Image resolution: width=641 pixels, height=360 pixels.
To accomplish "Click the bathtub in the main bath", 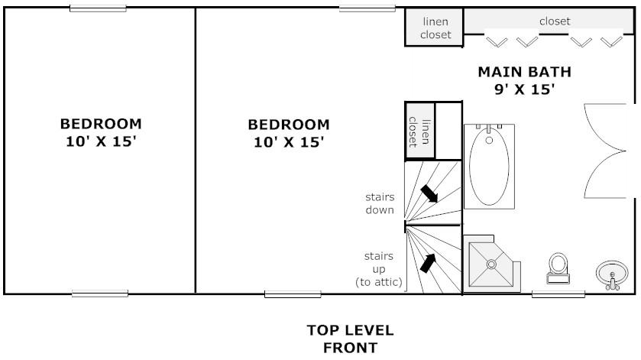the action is coord(489,167).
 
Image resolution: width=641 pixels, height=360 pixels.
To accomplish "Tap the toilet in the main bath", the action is coord(558,268).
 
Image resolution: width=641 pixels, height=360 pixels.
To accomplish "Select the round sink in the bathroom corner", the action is coord(612,275).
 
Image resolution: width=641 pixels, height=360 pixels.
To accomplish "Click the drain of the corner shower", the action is coord(491,264).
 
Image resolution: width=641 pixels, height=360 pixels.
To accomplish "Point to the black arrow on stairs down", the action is coord(429,193).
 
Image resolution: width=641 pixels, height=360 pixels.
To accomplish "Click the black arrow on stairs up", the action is coord(427,263).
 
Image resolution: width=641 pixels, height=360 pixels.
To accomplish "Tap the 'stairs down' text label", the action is coord(380,203).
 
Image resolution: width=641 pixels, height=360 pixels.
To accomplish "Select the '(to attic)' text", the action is coord(379,282).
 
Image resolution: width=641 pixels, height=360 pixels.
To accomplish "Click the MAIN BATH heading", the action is coord(525,72).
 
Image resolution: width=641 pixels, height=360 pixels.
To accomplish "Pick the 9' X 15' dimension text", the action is coord(525,89).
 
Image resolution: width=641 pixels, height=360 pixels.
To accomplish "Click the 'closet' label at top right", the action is coord(555,21).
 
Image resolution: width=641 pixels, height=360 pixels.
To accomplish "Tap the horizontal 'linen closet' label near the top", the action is coord(435,28).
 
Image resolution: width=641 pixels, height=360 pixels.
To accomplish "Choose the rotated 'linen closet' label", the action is coord(419,131).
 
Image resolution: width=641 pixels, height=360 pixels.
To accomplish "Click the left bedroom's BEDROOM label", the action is coord(101,124).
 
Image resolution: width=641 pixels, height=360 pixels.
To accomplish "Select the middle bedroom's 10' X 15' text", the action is coord(289,142).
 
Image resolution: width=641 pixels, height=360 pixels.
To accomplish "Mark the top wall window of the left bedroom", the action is coord(98,8).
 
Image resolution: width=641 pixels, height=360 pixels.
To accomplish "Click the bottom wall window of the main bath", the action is coord(558,294).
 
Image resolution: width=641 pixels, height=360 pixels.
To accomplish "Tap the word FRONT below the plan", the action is coord(351,348).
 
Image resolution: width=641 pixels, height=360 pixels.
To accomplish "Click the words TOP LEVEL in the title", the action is coord(351,330).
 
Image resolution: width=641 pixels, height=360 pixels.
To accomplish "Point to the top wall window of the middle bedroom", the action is coord(367,8).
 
